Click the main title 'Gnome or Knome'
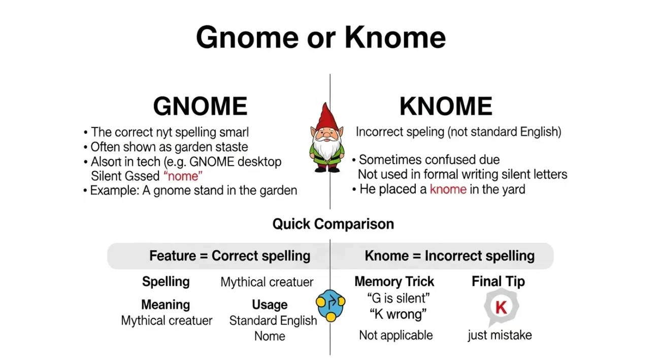[320, 38]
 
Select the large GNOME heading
[200, 107]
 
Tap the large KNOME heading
[446, 107]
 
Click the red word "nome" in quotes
[183, 176]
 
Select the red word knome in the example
[448, 189]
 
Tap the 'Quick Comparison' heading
[333, 224]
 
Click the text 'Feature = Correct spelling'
[229, 256]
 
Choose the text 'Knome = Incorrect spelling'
[449, 256]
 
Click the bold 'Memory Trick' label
[394, 282]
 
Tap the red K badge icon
[501, 307]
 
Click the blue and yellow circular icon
[331, 305]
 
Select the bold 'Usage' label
[270, 305]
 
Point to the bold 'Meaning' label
[166, 305]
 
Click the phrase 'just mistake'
[500, 335]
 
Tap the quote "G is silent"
[398, 298]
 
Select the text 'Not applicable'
[396, 335]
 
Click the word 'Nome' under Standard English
[270, 336]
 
